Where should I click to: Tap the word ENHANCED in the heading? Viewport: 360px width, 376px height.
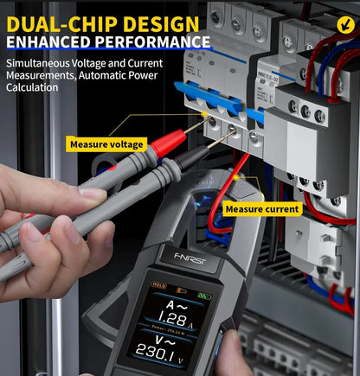coord(52,41)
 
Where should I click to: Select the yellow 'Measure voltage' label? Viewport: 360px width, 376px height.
coord(107,143)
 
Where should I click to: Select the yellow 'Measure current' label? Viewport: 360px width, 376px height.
coord(262,208)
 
